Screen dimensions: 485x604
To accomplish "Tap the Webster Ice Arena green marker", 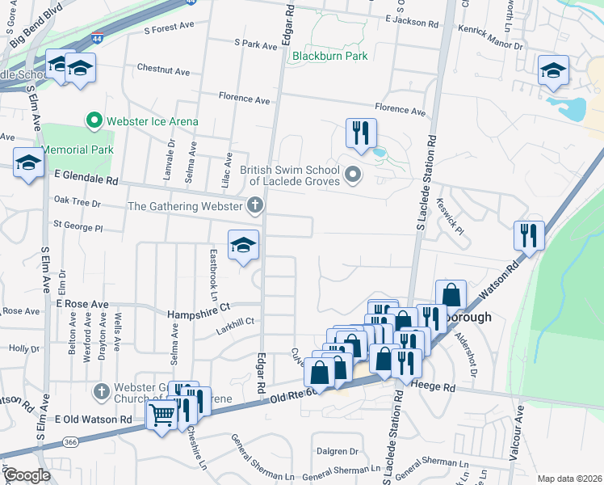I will coord(94,121).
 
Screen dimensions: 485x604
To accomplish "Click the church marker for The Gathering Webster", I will coord(255,205).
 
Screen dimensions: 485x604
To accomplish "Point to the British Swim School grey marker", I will coord(352,174).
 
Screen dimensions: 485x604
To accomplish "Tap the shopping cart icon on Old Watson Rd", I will coord(161,415).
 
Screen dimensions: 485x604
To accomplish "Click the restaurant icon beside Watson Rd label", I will coord(529,235).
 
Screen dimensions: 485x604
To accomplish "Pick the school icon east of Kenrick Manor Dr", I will coord(553,70).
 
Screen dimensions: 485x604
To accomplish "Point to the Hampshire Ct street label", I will coord(199,308).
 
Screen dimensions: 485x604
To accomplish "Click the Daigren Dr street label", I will coord(338,451).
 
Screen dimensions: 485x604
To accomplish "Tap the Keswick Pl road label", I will coord(450,217).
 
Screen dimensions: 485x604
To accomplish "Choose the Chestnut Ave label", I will coord(163,70).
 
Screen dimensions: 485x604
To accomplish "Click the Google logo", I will coord(27,475).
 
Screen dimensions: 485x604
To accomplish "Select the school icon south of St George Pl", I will coord(242,245).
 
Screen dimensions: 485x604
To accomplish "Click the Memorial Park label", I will coord(78,150).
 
